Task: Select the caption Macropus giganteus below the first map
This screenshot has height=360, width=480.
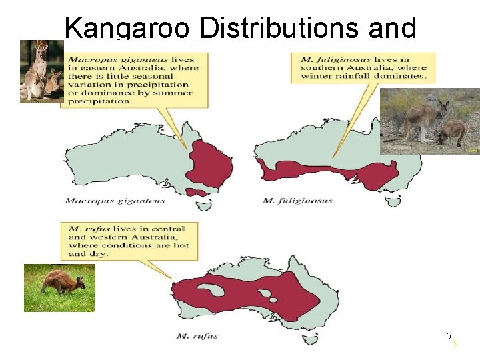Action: coord(115,200)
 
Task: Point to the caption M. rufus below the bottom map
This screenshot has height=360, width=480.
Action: coord(197,336)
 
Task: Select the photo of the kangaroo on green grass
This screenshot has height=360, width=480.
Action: coord(59,287)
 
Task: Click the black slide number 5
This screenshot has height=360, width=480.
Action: coord(449,336)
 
